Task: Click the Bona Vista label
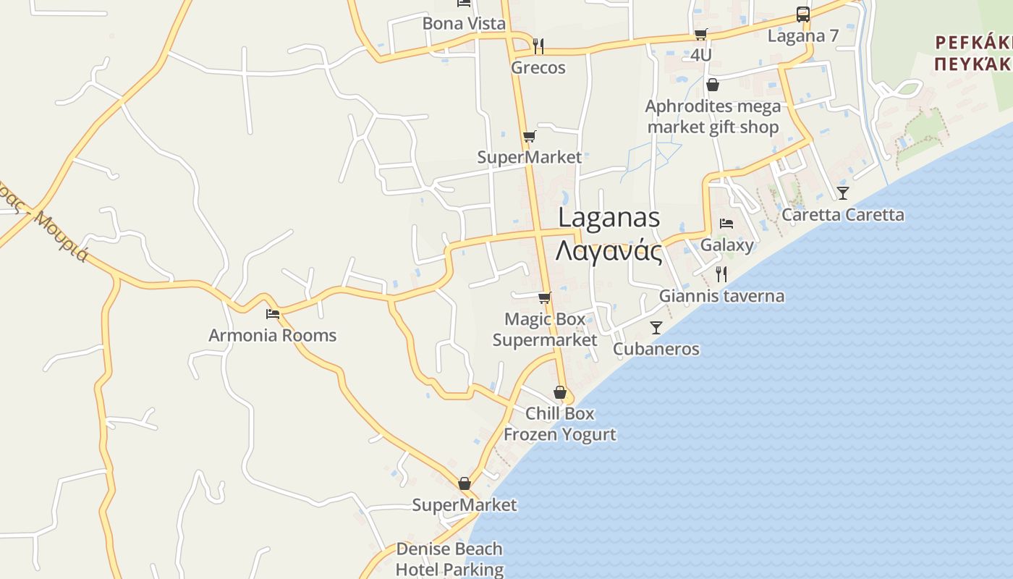point(464,24)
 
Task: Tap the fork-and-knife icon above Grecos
point(538,46)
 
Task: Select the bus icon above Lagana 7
point(802,14)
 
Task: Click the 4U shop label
point(700,55)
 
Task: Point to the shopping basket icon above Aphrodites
point(713,85)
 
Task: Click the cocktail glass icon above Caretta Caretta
point(843,193)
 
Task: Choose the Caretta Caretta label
point(843,215)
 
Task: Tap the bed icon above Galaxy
point(726,224)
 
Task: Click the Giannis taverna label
point(721,296)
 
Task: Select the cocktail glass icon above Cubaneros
point(656,328)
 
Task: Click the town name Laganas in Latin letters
point(609,218)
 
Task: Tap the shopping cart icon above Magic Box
point(545,297)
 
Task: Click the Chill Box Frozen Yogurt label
point(559,424)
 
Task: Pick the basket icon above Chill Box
point(560,393)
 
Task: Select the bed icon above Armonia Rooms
point(273,313)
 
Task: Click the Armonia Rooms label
point(273,336)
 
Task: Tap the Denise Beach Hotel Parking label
point(449,559)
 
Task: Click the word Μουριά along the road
point(61,237)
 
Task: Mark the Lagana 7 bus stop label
point(803,36)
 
